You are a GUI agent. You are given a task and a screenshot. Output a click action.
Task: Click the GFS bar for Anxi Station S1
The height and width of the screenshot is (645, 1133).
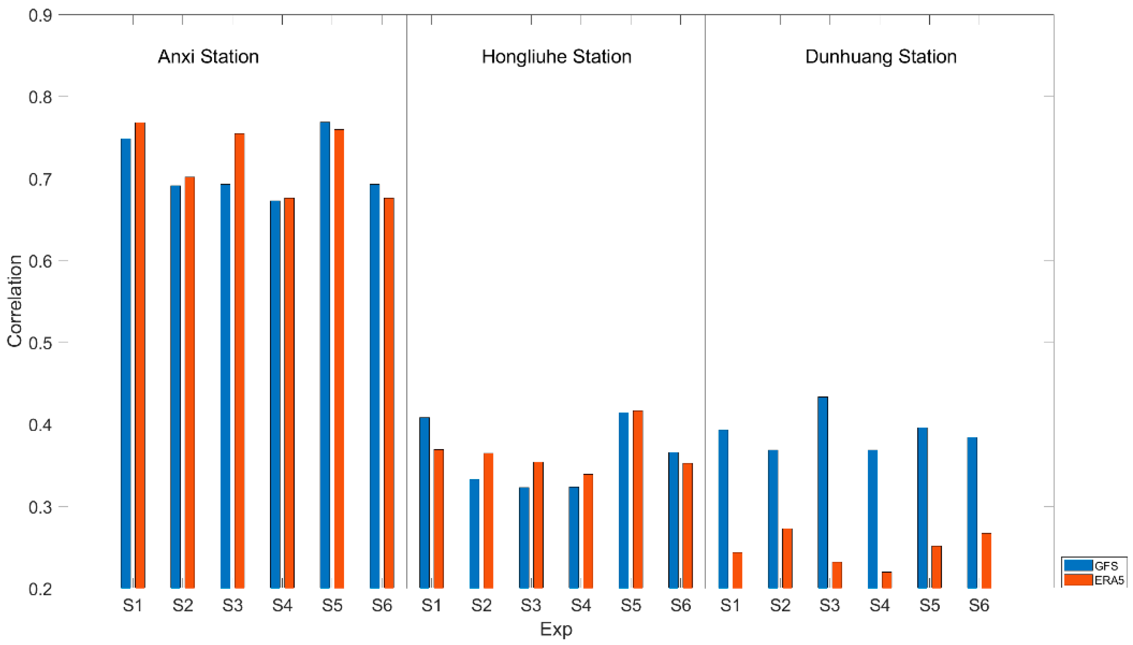pos(126,363)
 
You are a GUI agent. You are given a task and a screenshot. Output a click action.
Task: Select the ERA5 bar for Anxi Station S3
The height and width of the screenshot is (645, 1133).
pos(240,361)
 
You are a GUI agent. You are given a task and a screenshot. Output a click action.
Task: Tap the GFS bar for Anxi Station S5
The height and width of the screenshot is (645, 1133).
pos(325,354)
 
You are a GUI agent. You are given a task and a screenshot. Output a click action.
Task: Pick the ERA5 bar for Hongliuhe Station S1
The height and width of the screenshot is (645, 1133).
pos(438,518)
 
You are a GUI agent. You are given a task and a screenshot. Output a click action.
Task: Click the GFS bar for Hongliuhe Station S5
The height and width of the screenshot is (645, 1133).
pos(623,500)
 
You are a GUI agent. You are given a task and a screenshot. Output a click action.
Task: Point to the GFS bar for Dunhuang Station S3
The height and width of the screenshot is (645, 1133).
pos(823,492)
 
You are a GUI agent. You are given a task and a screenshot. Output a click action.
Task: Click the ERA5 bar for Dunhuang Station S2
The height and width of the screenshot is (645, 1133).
pos(787,558)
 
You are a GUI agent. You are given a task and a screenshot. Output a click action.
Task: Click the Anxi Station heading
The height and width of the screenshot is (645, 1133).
pos(208,57)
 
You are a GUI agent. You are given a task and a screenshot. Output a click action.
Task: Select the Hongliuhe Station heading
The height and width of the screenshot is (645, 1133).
pos(556,57)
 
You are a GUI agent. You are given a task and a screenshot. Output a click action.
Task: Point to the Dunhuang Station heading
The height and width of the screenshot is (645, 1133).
pos(881,57)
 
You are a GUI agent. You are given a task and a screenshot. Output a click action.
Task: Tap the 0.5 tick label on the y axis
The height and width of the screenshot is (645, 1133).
pos(40,343)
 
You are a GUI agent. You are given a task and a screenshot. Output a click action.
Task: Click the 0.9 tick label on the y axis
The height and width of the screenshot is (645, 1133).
pos(40,15)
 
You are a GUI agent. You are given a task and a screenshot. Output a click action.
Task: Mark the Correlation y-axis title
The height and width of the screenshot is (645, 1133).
pos(15,301)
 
